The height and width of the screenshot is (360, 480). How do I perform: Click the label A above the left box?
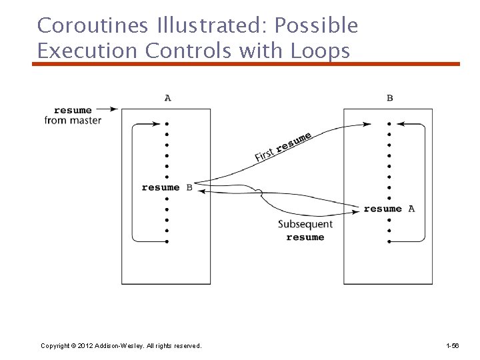(x=167, y=98)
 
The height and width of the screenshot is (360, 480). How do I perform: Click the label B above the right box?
(x=390, y=98)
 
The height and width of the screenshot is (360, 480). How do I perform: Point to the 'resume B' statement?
(x=167, y=187)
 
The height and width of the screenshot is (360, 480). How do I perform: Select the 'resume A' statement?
(x=389, y=209)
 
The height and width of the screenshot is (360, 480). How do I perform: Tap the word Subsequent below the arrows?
(x=305, y=225)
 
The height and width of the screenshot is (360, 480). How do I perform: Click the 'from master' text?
(x=73, y=120)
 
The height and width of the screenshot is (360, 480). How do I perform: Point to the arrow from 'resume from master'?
(x=107, y=109)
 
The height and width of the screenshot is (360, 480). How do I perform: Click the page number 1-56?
(x=452, y=345)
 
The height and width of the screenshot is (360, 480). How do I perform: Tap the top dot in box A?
(x=167, y=123)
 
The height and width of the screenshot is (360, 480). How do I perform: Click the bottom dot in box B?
(x=389, y=241)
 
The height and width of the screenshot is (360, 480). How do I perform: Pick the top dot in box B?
(x=389, y=123)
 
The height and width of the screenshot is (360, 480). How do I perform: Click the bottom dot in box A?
(x=167, y=241)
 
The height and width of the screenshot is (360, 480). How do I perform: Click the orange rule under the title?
(x=247, y=64)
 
